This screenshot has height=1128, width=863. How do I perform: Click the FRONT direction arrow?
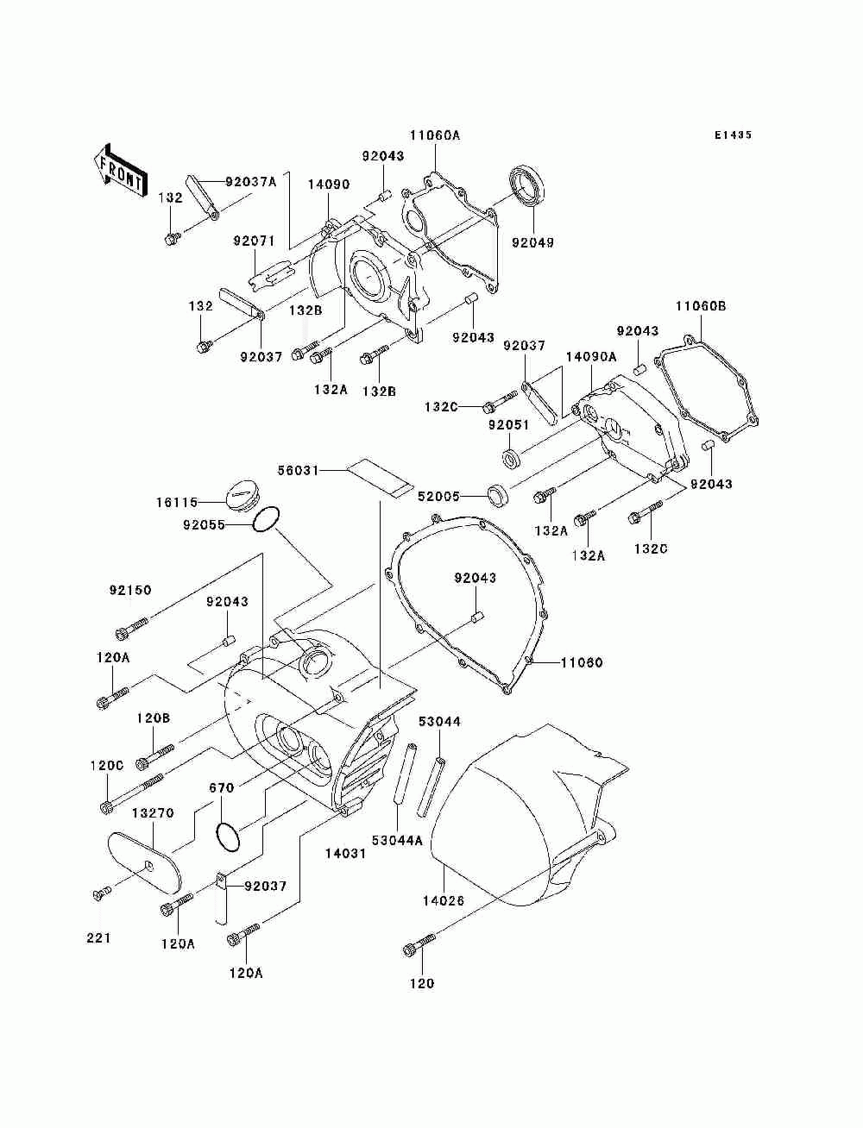coord(121,171)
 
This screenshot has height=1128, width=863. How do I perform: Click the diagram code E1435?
coord(733,135)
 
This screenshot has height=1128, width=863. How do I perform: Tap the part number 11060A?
coord(435,135)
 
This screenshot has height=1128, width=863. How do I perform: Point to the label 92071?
coord(254,241)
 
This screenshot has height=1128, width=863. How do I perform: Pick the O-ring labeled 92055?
coord(266,519)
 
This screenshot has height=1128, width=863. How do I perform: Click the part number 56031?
coord(299,470)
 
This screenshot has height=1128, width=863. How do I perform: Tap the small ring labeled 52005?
coord(498,495)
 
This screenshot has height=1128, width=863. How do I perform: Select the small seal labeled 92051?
coord(511,457)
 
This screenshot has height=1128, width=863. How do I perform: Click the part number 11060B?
coord(701,306)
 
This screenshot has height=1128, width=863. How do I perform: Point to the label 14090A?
coord(591,357)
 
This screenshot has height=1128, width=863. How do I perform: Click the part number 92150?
coord(130,590)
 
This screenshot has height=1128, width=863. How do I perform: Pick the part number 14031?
coord(345,853)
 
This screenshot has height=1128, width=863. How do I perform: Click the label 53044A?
coord(396,840)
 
